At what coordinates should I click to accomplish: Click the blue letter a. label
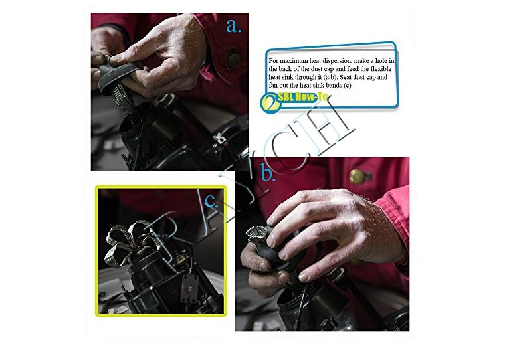[233, 26]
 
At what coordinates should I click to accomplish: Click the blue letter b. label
[268, 173]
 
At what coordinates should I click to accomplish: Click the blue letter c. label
[211, 201]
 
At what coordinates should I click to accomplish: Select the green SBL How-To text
[302, 97]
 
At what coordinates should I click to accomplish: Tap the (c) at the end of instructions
[348, 86]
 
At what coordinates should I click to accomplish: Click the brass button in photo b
[357, 177]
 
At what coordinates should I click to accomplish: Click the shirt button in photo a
[234, 59]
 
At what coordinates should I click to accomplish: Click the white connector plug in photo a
[220, 138]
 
